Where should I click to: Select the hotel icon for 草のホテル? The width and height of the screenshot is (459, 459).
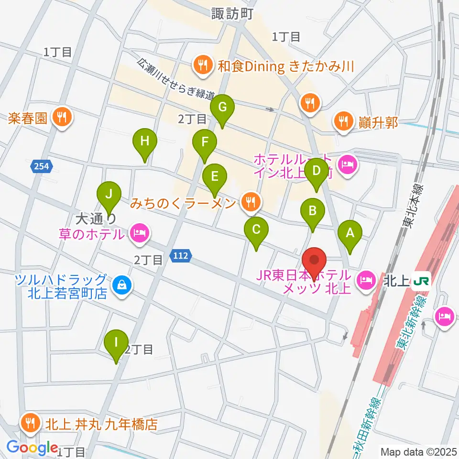click(x=139, y=234)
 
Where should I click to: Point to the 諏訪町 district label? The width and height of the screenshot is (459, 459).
click(x=232, y=14)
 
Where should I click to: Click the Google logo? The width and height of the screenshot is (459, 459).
click(x=33, y=447)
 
